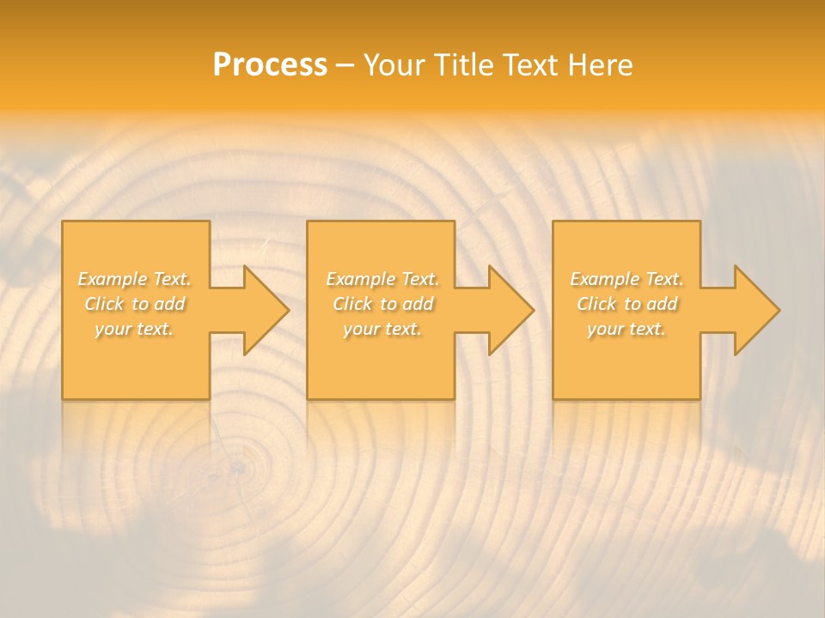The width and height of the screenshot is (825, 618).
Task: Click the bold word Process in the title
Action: (x=270, y=65)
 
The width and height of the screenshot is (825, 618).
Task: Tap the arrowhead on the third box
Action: (x=755, y=310)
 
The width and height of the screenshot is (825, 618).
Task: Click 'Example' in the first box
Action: (x=113, y=279)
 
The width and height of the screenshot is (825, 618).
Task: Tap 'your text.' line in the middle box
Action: (x=382, y=329)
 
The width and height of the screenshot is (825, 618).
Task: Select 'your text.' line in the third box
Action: (x=626, y=329)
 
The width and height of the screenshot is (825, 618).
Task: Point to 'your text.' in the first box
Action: (x=134, y=329)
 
